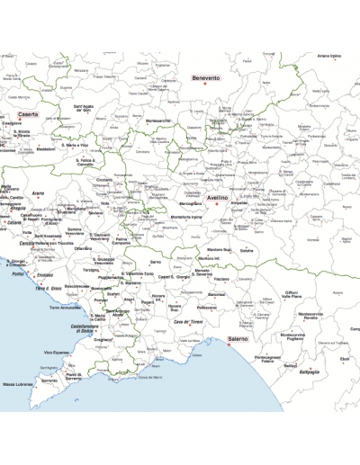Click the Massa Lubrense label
[x=18, y=384]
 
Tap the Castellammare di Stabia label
[x=90, y=329]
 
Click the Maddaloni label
[x=45, y=149]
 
